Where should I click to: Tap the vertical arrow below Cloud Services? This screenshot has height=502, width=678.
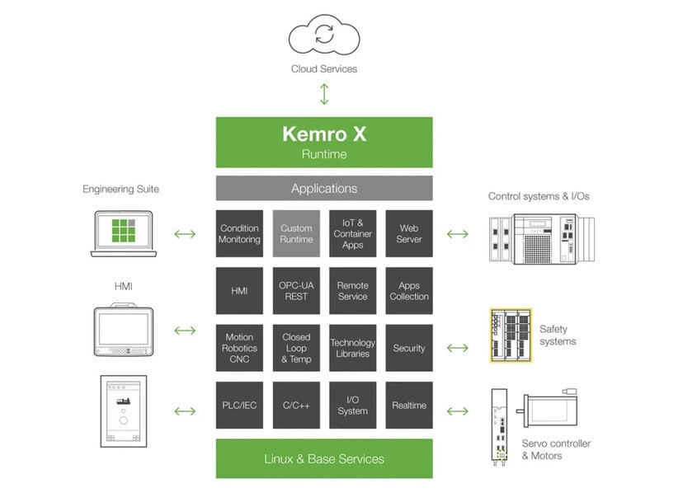pos(324,93)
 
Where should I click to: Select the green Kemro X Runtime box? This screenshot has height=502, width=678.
pos(324,142)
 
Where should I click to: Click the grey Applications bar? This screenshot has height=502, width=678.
pos(324,188)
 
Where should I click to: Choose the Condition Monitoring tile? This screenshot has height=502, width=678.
pos(239,233)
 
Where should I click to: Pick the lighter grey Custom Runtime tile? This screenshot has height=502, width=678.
pos(296,233)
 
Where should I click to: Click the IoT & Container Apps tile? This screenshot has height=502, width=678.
pos(353,233)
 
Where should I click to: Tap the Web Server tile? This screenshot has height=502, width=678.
pos(409,233)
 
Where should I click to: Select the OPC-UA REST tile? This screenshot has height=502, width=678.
pos(296,290)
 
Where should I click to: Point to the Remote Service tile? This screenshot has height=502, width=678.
pos(353,290)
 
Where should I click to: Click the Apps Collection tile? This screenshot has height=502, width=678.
pos(409,290)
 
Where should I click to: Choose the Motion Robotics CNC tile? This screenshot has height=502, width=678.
pos(239,348)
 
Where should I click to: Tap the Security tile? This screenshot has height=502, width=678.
pos(409,348)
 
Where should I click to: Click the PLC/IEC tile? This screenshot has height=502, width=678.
pos(239,405)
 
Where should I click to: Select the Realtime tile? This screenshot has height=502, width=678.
pos(409,405)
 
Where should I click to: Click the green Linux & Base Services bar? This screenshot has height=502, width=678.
pos(324,458)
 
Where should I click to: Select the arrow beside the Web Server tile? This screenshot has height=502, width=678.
pos(457,234)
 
